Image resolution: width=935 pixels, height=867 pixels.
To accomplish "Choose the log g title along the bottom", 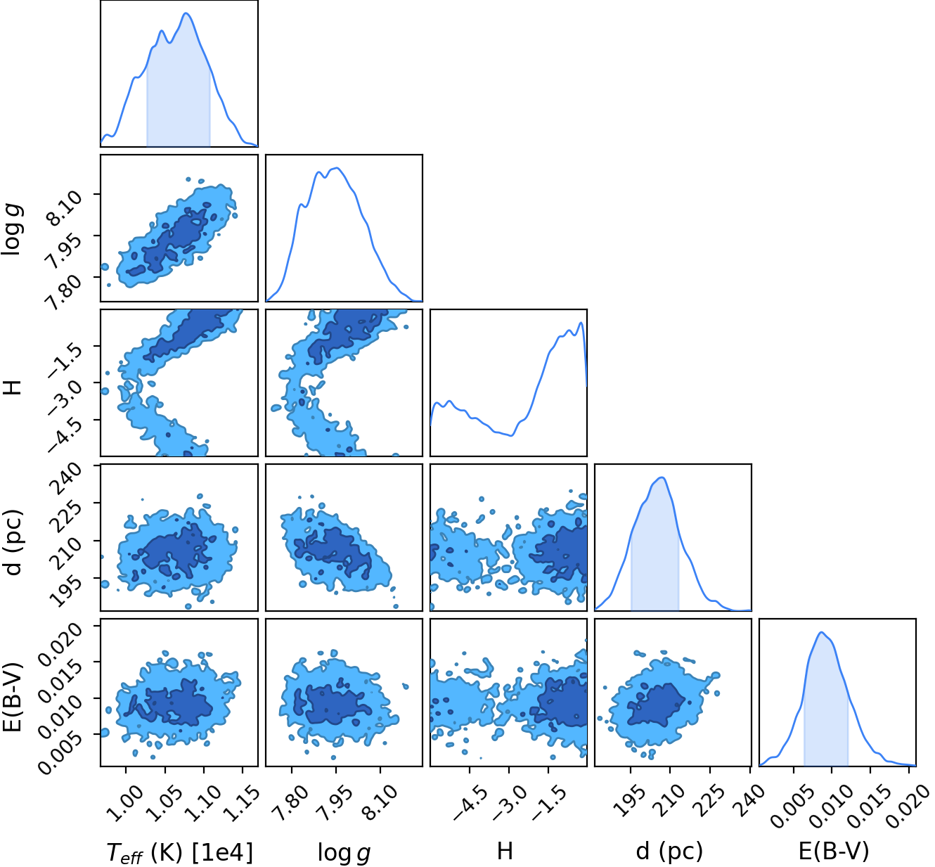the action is (344, 852).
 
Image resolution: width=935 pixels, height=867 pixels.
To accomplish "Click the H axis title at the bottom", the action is (505, 850).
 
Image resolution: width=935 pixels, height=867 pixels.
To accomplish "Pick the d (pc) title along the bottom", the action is (669, 851).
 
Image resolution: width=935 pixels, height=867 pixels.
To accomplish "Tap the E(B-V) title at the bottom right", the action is (834, 851).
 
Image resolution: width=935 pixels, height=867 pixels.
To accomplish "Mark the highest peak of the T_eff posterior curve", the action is (186, 13).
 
